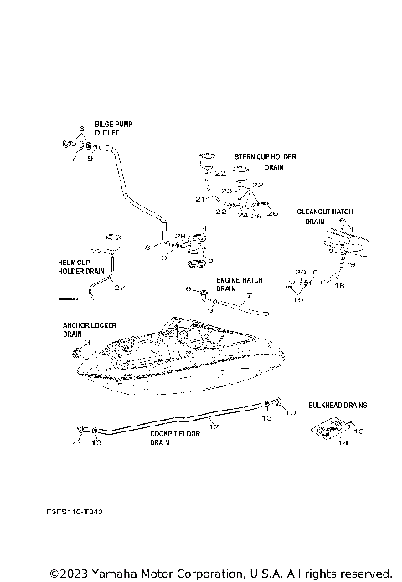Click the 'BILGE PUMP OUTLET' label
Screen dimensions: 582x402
click(x=112, y=128)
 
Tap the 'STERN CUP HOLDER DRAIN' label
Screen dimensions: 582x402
click(x=260, y=161)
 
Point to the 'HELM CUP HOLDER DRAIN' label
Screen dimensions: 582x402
click(x=80, y=266)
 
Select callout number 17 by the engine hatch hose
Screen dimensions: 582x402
click(x=245, y=295)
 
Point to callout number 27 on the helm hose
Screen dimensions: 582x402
click(x=119, y=288)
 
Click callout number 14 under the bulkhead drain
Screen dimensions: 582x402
click(x=342, y=443)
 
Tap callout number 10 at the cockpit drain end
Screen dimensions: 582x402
click(x=291, y=413)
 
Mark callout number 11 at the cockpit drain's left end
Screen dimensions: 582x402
click(x=75, y=443)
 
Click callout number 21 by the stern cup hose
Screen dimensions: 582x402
click(x=199, y=200)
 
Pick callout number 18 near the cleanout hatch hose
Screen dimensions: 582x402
click(x=338, y=286)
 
